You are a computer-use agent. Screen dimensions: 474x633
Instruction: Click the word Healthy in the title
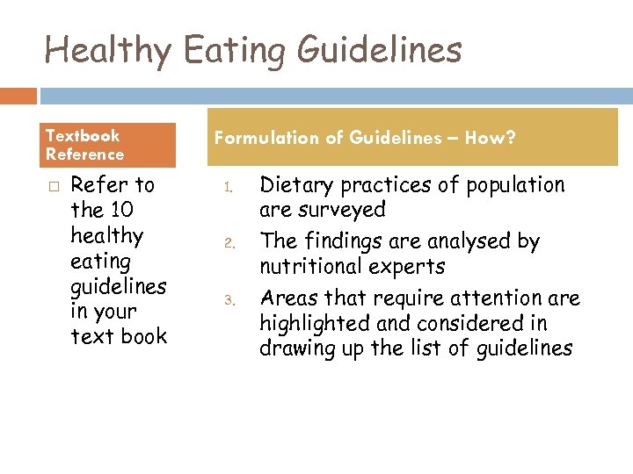pyautogui.click(x=107, y=50)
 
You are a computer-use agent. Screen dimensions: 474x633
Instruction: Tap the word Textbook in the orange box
pyautogui.click(x=82, y=135)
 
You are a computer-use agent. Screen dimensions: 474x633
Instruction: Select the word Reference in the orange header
pyautogui.click(x=84, y=154)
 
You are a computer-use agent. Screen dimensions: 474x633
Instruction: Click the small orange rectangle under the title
pyautogui.click(x=18, y=95)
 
